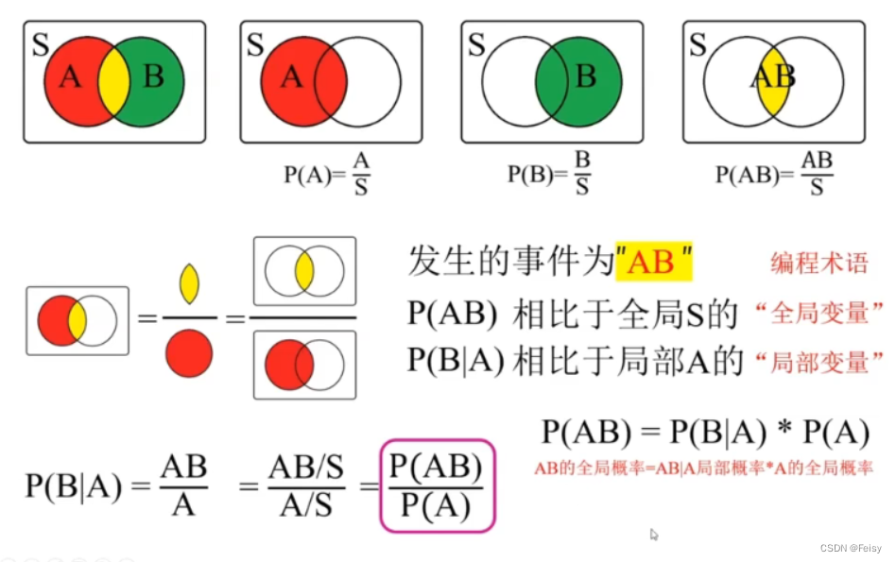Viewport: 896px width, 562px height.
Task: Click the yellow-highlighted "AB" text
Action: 653,260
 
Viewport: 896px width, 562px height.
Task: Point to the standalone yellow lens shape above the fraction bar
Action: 189,283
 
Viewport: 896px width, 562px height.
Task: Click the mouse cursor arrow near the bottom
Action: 654,535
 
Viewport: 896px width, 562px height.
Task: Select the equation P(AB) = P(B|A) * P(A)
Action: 705,433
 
